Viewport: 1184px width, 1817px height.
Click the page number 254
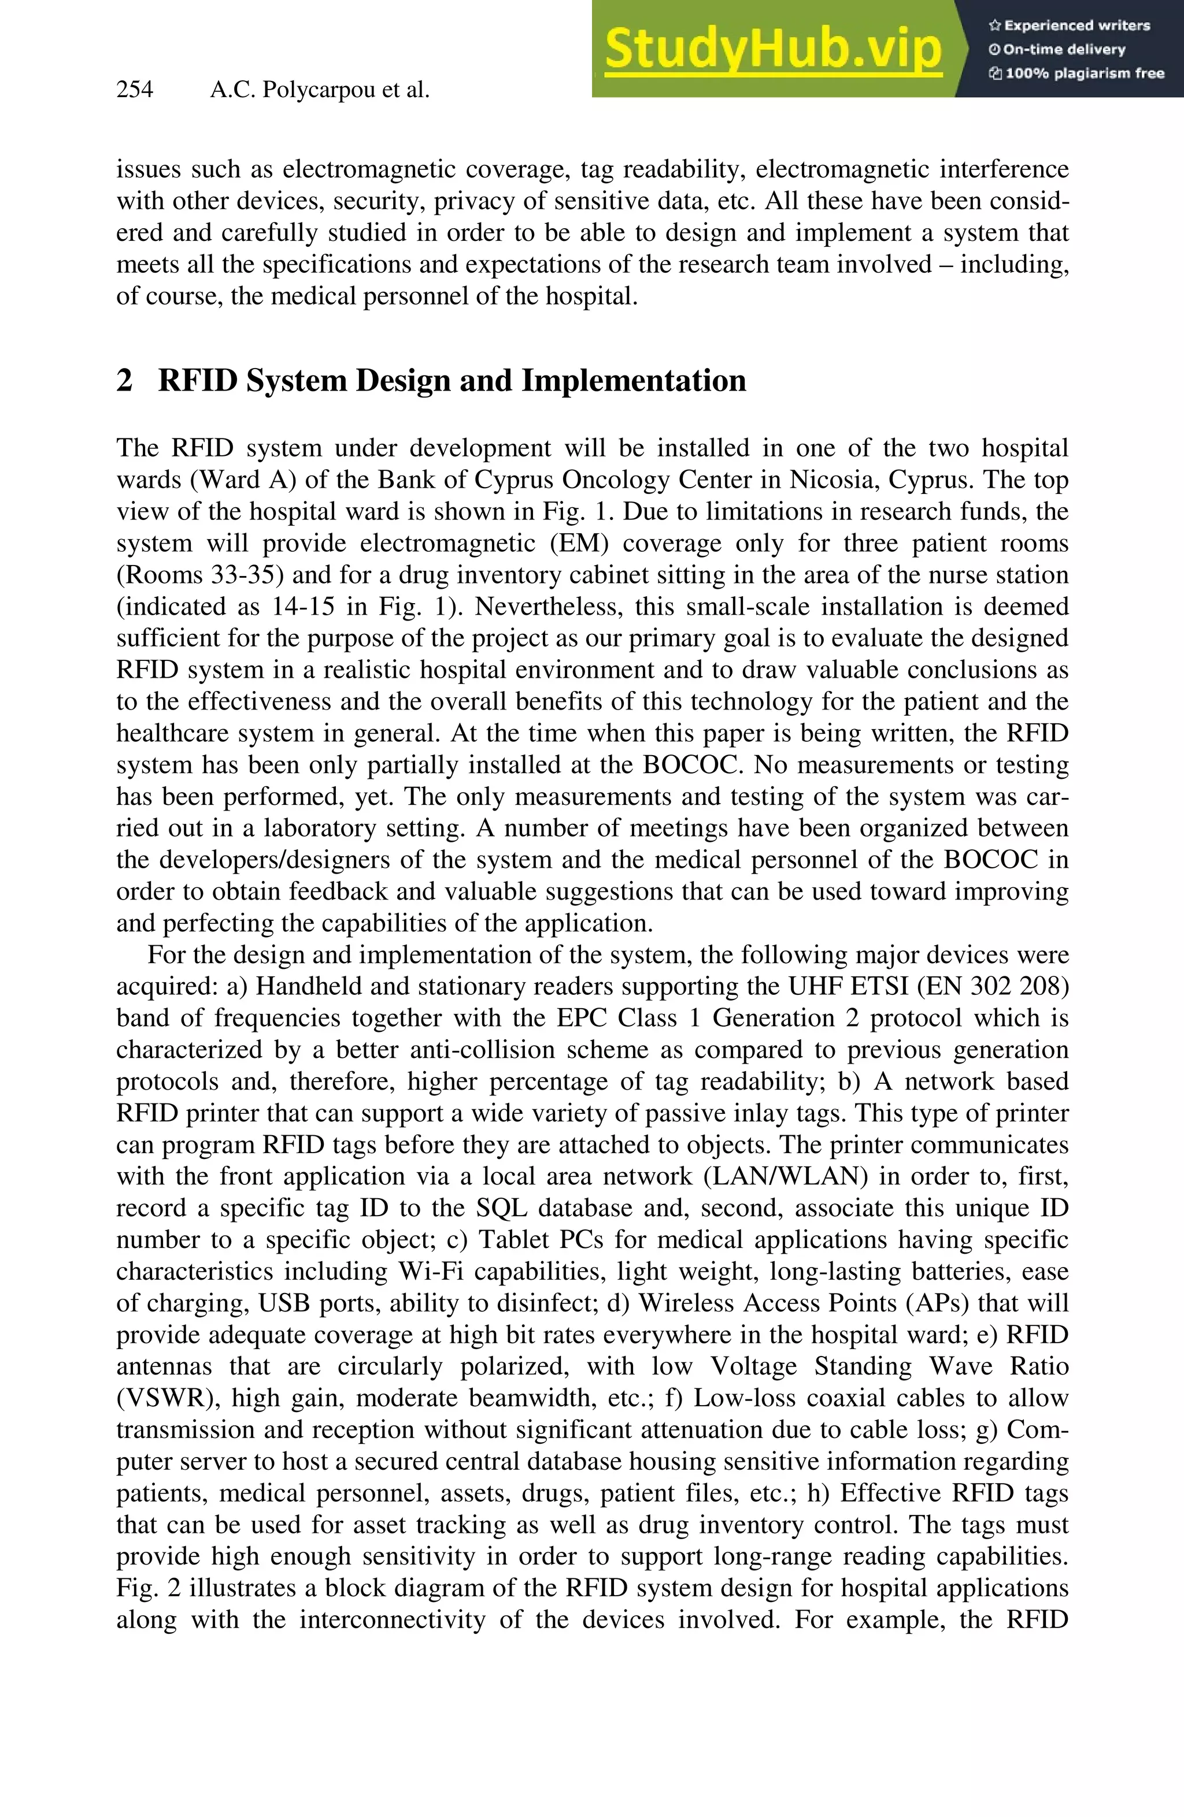[x=135, y=90]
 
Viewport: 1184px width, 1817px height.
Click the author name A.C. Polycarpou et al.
[x=319, y=90]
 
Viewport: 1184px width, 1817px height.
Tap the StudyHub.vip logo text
[x=773, y=49]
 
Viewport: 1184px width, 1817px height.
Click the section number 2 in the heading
[x=124, y=380]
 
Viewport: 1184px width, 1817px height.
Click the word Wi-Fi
[x=431, y=1271]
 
